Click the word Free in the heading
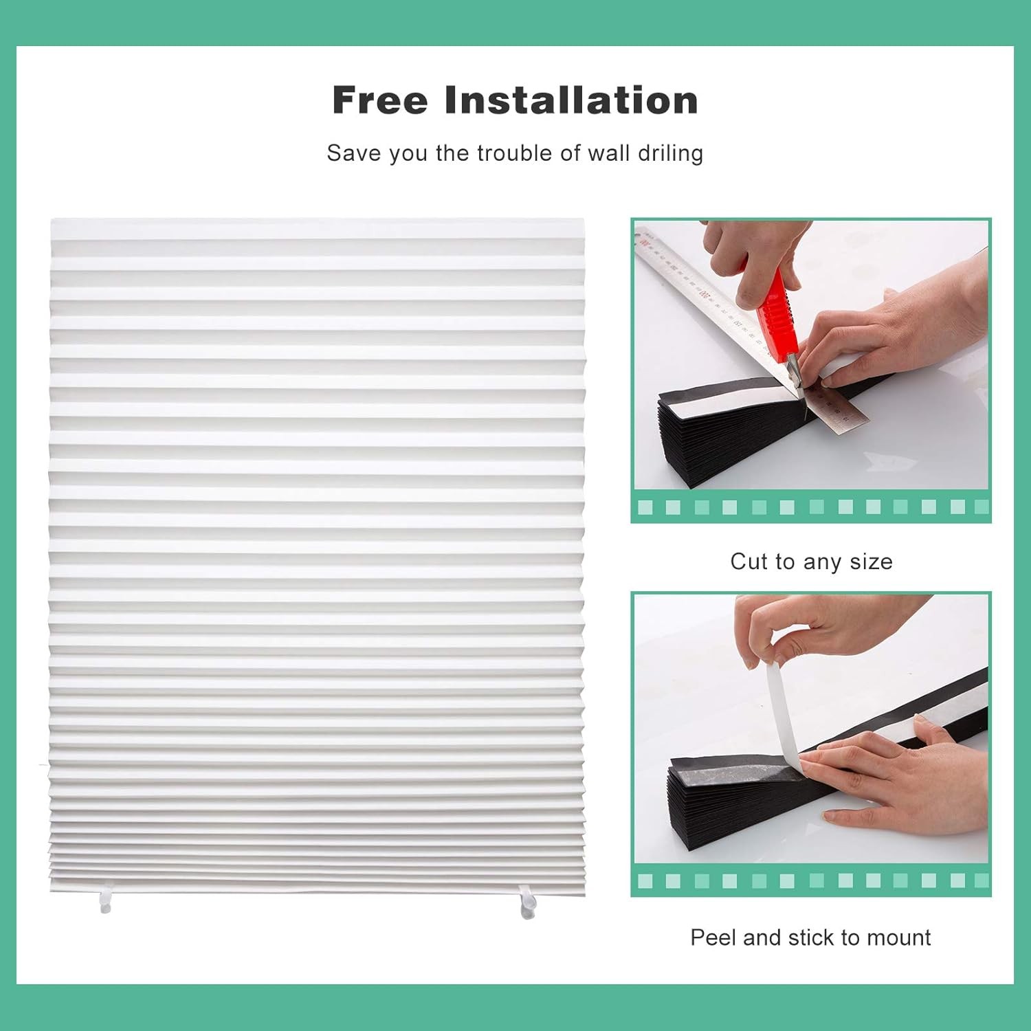tap(380, 100)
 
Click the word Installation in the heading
tap(571, 100)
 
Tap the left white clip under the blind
tap(104, 902)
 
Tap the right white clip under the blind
tap(527, 903)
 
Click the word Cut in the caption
tap(749, 562)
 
